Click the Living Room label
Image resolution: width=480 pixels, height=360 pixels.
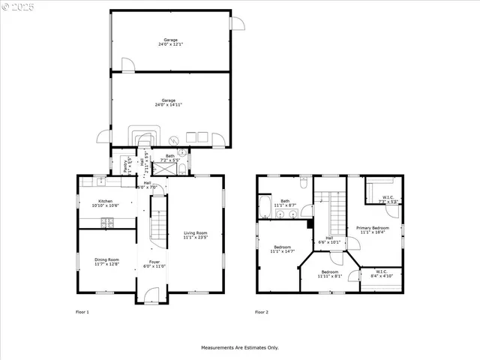click(195, 235)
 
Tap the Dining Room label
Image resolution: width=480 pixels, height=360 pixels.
click(106, 262)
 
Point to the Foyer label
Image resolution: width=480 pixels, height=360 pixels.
click(154, 264)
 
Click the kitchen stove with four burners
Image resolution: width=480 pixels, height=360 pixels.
click(106, 222)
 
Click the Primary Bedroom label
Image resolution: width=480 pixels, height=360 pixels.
click(372, 229)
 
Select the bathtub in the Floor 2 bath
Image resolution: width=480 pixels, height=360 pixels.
click(265, 208)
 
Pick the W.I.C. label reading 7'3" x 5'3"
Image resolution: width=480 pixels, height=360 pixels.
click(385, 199)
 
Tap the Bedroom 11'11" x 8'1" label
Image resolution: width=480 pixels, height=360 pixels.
click(329, 274)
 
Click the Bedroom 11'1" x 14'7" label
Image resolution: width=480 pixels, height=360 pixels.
click(283, 249)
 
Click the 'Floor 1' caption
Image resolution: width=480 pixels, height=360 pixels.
click(82, 311)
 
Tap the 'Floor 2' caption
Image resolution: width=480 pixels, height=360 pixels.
click(261, 311)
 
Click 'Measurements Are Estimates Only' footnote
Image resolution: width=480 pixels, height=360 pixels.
click(239, 348)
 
